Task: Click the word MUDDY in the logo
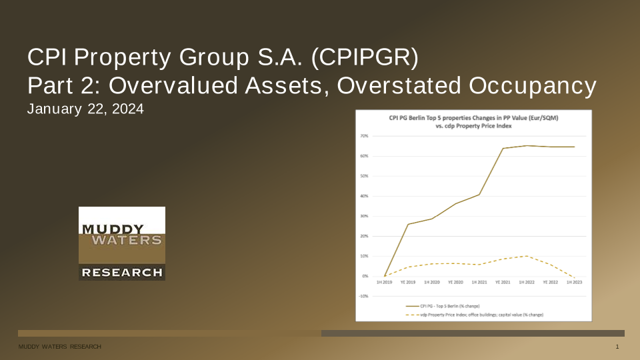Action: (107, 229)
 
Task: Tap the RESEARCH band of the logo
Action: (121, 272)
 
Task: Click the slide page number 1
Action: (618, 348)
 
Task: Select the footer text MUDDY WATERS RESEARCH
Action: (59, 348)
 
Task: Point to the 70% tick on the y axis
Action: (365, 136)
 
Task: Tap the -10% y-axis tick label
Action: (365, 296)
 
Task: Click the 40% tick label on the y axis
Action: (365, 196)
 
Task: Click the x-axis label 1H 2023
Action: (574, 283)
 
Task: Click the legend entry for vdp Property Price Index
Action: (467, 313)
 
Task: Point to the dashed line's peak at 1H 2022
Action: (527, 256)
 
